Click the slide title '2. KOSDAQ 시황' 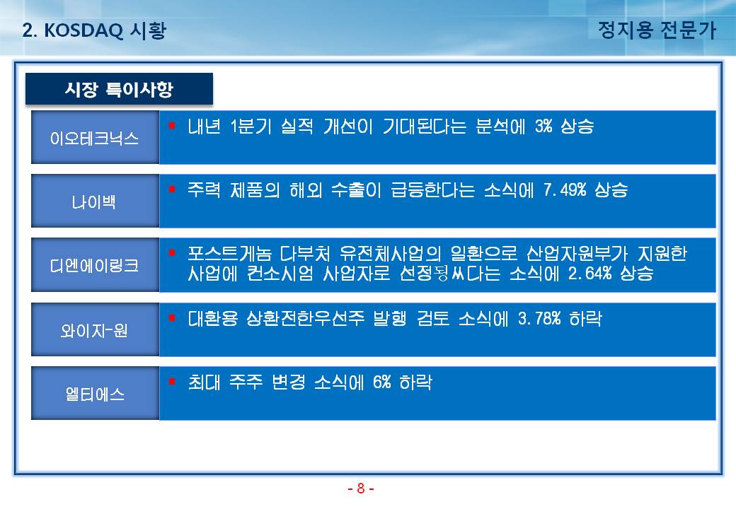coord(94,30)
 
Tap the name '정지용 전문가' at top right coord(657,30)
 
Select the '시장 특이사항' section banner coord(119,88)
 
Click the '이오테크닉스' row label coord(94,138)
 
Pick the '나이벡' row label coord(94,201)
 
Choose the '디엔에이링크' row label coord(94,265)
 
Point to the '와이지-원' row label coord(94,330)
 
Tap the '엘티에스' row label coord(94,394)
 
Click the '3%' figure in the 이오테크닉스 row coord(544,126)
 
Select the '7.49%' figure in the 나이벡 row coord(565,190)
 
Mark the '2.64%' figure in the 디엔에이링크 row coord(590,273)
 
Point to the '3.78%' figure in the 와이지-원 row coord(539,319)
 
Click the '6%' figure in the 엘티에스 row coord(382,382)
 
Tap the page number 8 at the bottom coord(360,488)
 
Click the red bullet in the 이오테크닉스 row coord(172,125)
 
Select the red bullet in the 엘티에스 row coord(172,382)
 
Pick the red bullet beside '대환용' coord(172,318)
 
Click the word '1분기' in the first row coord(251,126)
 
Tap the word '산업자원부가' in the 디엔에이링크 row coord(577,254)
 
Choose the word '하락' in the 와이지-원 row coord(586,319)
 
